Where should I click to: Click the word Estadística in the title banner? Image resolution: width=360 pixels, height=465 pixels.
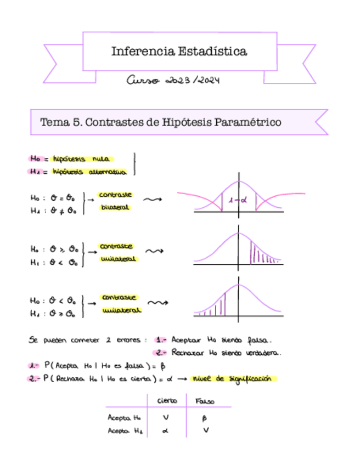(213, 52)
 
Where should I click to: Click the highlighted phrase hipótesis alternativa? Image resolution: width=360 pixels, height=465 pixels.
(89, 172)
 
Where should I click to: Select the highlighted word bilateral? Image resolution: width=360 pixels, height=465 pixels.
(115, 208)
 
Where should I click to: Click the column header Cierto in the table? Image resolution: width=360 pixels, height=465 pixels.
(167, 401)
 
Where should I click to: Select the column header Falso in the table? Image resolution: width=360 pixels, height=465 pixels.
(205, 401)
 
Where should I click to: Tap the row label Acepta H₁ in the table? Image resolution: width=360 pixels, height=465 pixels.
(125, 430)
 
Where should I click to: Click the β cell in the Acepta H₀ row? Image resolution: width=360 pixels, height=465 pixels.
(205, 418)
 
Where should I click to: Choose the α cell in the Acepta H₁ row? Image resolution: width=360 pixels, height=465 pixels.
(165, 430)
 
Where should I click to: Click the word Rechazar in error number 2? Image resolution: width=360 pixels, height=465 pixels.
(189, 353)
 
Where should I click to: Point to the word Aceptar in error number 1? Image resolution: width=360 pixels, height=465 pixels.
(188, 339)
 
